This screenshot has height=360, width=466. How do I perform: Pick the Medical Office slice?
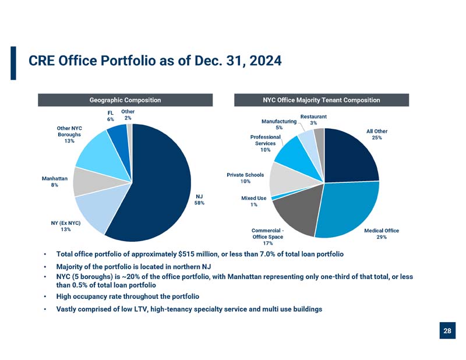pyautogui.click(x=348, y=208)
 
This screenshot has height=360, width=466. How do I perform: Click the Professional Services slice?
pyautogui.click(x=297, y=157)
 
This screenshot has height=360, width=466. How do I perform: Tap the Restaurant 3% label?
pyautogui.click(x=313, y=119)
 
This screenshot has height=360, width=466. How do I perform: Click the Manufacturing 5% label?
pyautogui.click(x=279, y=124)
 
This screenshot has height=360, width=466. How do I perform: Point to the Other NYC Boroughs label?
pyautogui.click(x=69, y=135)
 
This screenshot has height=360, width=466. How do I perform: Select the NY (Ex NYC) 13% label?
pyautogui.click(x=66, y=226)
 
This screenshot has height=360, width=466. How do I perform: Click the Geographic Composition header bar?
pyautogui.click(x=125, y=100)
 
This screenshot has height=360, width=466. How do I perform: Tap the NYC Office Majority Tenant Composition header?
pyautogui.click(x=322, y=100)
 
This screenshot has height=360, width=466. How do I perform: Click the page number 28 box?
pyautogui.click(x=447, y=330)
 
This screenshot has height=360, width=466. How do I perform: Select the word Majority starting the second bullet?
pyautogui.click(x=69, y=267)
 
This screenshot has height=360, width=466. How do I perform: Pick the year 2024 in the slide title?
pyautogui.click(x=266, y=61)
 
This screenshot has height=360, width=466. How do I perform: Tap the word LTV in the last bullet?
pyautogui.click(x=141, y=309)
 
